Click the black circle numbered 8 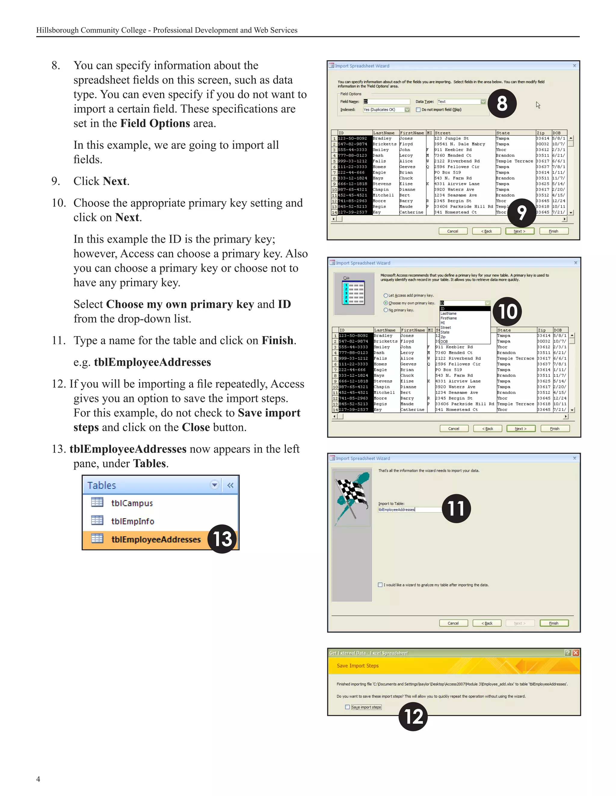[502, 104]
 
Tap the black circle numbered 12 [413, 716]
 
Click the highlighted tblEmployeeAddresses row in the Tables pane [156, 539]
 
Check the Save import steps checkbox [347, 707]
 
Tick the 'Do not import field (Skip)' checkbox [418, 110]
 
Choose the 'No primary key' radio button [385, 310]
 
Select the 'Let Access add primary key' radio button [385, 296]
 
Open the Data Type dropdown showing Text [483, 102]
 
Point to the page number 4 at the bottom [38, 779]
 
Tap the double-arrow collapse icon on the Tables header [230, 485]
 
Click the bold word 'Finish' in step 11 [277, 340]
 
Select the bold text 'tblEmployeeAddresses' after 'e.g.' [152, 362]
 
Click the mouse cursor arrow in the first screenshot [538, 105]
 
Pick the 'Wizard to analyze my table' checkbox [380, 585]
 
